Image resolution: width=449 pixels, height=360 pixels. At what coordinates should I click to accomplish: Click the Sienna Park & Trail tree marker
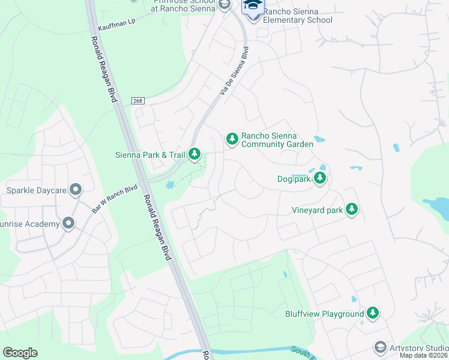pos(194,154)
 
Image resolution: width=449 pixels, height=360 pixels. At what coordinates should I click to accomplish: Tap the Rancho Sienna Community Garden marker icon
pos(232,139)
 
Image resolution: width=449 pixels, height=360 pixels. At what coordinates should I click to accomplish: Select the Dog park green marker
pos(321,178)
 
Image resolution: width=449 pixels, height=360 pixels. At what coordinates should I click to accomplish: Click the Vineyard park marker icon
pos(352,209)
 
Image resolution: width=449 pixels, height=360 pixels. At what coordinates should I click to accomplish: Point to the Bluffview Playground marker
pos(373,313)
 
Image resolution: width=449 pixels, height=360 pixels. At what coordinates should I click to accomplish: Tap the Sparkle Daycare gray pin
pos(76,190)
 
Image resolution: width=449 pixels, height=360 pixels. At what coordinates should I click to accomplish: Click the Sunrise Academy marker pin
pos(68,224)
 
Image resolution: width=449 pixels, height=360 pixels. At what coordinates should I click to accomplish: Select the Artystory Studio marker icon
pos(380,347)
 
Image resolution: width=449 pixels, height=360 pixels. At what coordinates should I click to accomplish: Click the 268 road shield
pos(137,101)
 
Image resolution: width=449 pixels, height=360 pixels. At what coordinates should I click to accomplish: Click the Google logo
pos(20,352)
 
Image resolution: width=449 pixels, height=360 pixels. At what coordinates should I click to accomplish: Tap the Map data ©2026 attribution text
pos(424,355)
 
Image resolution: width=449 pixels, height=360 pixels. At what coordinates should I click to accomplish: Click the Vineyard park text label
pos(317,210)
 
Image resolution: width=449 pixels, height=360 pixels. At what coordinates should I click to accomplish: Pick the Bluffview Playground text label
pos(325,314)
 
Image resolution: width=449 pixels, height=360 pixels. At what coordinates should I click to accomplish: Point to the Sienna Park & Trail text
pos(150,155)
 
